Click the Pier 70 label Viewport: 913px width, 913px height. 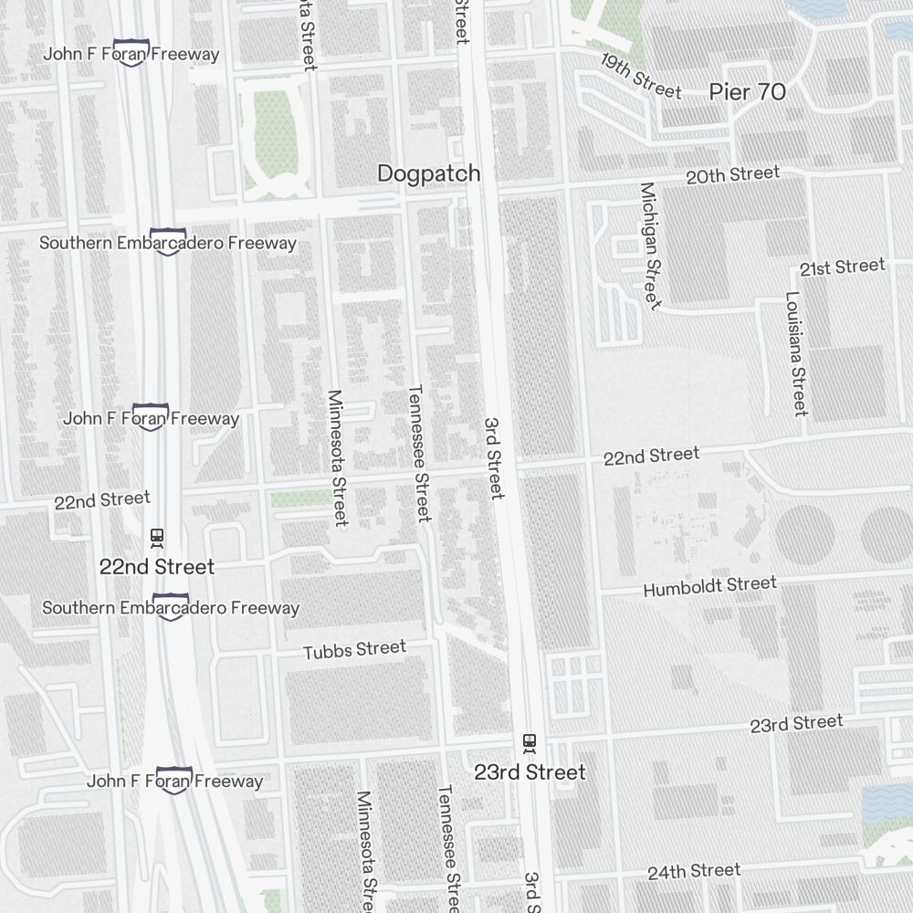(747, 92)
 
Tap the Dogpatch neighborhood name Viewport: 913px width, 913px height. (428, 173)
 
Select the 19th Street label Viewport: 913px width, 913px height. (642, 76)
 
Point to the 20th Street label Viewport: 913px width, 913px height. (732, 174)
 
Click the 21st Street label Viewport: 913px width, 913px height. (842, 267)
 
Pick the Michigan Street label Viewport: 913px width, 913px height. (649, 246)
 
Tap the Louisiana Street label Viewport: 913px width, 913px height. (796, 353)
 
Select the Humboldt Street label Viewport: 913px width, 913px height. (709, 586)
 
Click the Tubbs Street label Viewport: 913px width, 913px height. (354, 649)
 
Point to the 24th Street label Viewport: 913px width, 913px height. (694, 871)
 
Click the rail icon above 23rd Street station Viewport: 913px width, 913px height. (529, 741)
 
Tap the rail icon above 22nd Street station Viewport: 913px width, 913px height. (157, 536)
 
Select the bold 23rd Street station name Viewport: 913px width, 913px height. (530, 772)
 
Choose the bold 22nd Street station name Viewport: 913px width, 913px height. (157, 567)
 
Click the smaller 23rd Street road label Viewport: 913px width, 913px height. (796, 724)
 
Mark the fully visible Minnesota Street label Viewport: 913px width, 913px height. (337, 458)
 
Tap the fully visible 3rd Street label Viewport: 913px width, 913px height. (493, 458)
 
